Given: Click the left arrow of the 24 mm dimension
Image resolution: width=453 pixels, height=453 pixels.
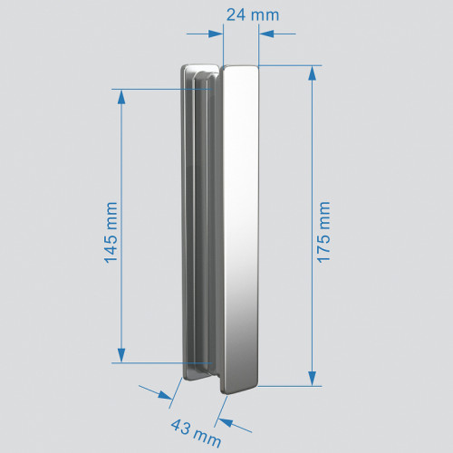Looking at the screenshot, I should click(x=217, y=34).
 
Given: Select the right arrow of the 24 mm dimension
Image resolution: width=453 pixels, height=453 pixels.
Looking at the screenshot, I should click(x=265, y=34).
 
